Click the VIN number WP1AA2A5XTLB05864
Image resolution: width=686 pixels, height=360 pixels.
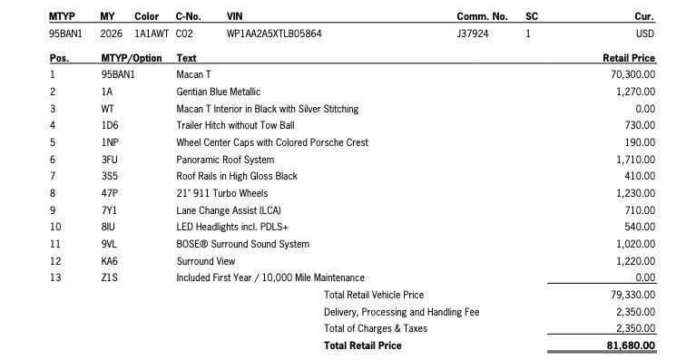pos(274,34)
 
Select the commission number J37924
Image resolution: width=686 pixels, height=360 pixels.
pos(473,34)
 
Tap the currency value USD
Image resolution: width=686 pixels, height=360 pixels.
pos(644,34)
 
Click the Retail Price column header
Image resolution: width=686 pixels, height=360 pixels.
pos(629,58)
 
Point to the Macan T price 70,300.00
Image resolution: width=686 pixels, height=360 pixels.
pos(633,74)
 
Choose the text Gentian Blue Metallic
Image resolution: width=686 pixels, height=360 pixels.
pos(218,92)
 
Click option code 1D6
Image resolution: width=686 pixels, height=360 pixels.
pos(109,125)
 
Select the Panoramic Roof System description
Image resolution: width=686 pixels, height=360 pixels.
pos(224,160)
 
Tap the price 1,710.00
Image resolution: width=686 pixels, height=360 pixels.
pos(635,160)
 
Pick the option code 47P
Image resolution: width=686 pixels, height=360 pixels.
pos(110,193)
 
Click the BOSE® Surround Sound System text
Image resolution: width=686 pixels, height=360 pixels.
pos(242,244)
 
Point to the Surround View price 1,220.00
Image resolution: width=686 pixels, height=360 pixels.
pos(635,261)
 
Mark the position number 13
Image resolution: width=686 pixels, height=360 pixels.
pos(55,277)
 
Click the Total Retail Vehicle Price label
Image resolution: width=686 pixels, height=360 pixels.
pos(374,295)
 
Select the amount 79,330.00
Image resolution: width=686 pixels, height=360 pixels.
pos(633,295)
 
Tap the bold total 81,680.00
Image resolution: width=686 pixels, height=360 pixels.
pos(631,345)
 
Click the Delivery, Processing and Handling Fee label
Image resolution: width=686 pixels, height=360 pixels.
pos(401,312)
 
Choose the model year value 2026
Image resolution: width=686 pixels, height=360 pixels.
pos(112,34)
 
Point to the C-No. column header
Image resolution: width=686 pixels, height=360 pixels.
pos(188,16)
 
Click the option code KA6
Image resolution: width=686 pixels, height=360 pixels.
pos(110,261)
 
